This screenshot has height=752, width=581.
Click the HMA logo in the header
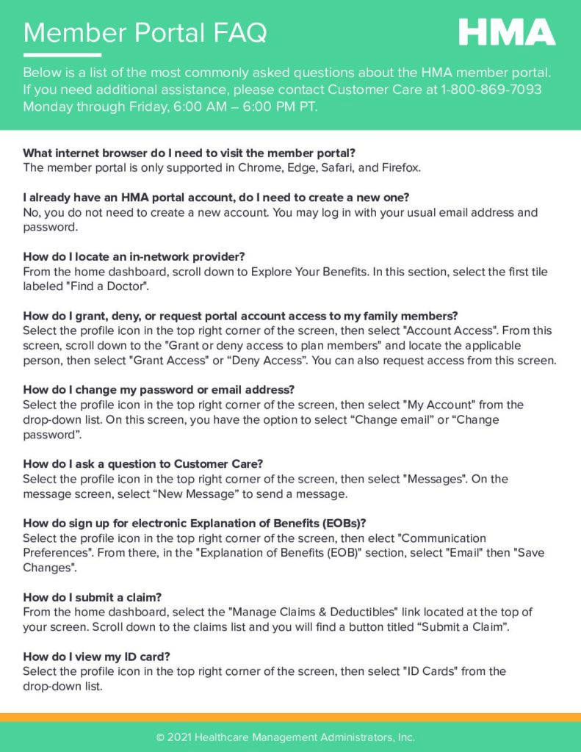coord(507,32)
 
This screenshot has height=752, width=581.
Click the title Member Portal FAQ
coord(145,32)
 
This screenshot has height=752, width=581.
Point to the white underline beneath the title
coord(62,55)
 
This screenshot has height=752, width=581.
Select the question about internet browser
coord(190,153)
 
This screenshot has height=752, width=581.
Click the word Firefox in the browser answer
coord(401,168)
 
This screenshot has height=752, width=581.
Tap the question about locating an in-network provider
coord(134,256)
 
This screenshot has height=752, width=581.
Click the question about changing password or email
coord(159,390)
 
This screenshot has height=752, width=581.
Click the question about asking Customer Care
coord(143,464)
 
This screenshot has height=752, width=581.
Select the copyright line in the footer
coord(286,737)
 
